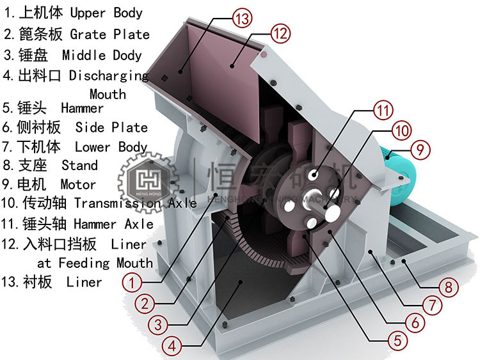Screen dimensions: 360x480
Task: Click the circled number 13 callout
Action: pos(242,19)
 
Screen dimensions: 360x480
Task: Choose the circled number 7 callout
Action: pos(433,305)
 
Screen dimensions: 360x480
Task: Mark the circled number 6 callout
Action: pos(414,323)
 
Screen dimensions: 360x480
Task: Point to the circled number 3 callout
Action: pos(161,324)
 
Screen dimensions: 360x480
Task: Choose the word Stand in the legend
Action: pos(79,166)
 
